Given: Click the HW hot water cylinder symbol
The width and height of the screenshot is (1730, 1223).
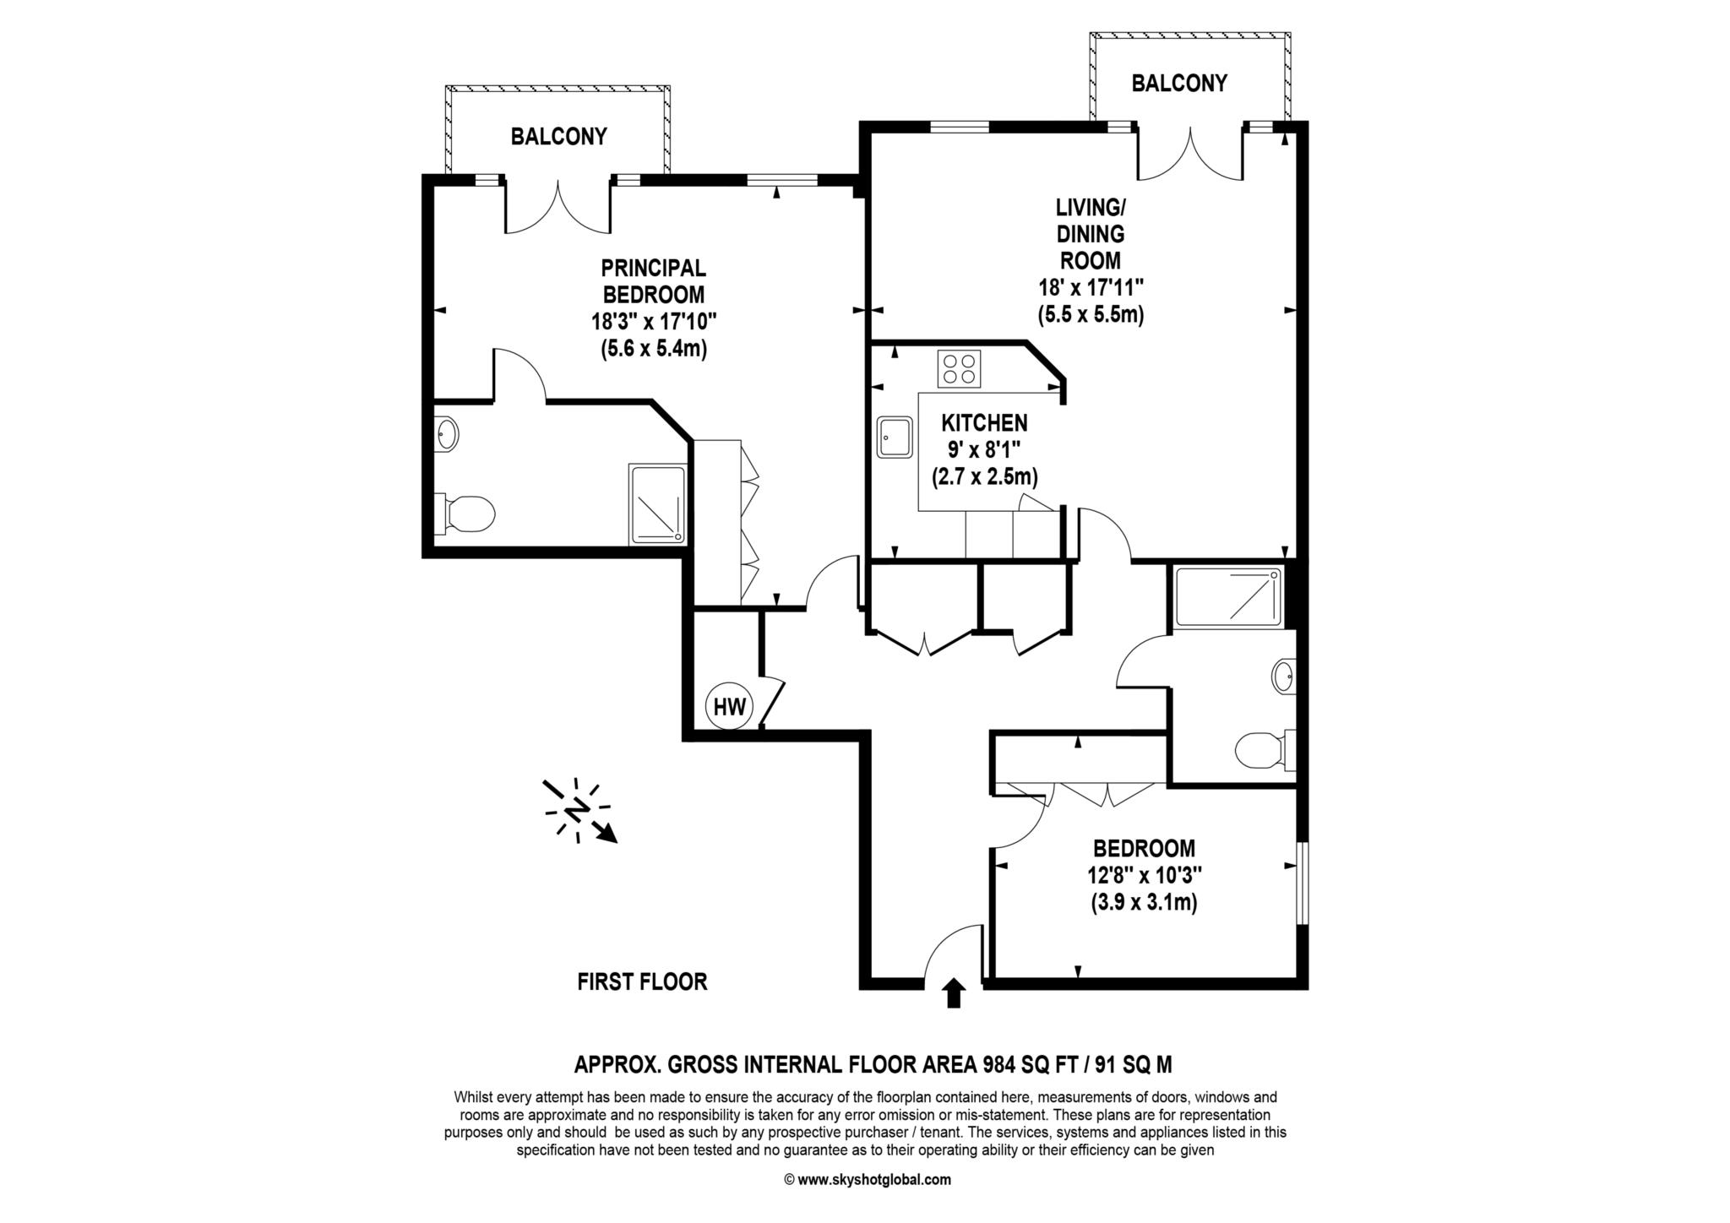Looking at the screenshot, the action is click(x=729, y=706).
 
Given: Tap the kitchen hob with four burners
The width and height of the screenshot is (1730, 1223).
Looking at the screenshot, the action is click(x=960, y=368).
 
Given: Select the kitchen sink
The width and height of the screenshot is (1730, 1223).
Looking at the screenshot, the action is click(x=895, y=437).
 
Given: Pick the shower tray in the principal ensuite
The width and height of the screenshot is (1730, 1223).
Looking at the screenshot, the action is click(x=658, y=504).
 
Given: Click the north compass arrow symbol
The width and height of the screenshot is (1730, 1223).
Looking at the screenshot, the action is click(x=579, y=810).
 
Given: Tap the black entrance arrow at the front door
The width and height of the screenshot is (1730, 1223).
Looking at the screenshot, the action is click(x=954, y=992).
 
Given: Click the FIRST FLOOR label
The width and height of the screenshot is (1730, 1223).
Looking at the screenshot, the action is click(x=642, y=981).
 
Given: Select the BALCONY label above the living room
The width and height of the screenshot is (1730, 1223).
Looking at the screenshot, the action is click(x=1179, y=84).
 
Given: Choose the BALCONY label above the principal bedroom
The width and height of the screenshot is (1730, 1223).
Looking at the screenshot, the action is click(x=558, y=137).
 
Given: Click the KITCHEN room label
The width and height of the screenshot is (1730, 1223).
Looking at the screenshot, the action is click(x=985, y=422).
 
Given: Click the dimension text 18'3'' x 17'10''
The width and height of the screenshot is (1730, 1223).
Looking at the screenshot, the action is click(x=654, y=322).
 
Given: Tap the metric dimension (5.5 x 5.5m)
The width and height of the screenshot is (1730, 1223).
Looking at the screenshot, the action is click(x=1091, y=315).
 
